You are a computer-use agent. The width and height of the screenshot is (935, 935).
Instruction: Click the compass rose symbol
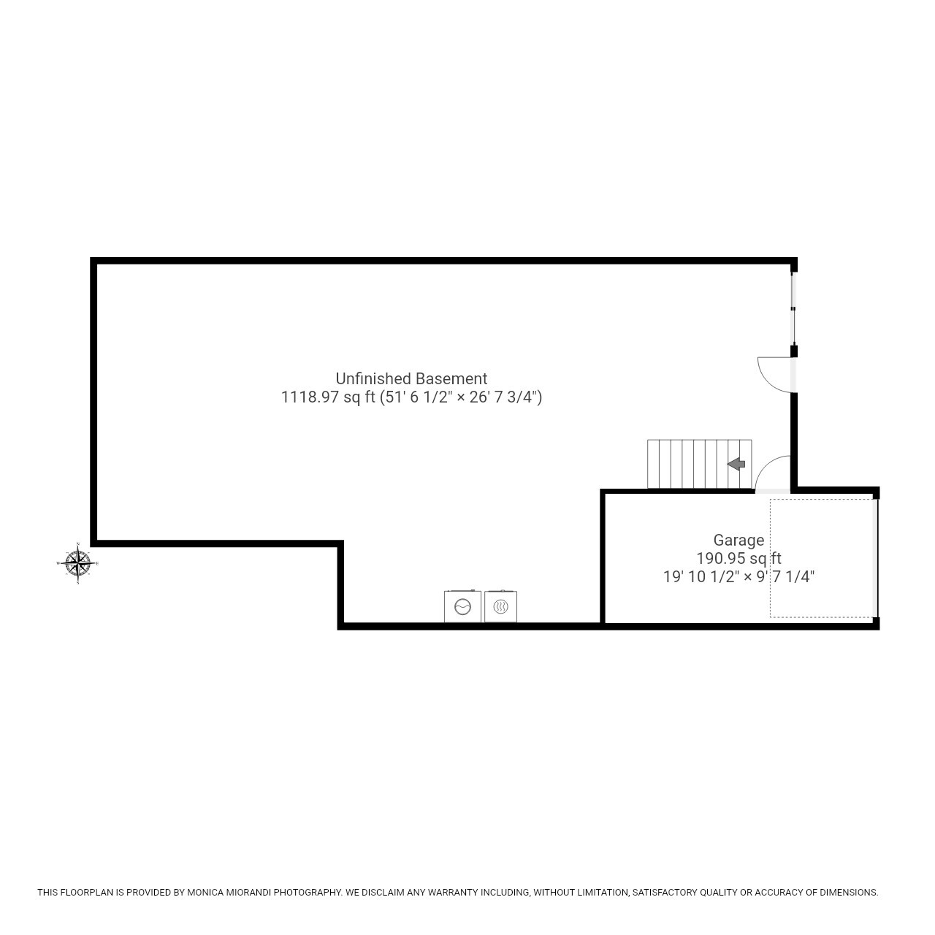[x=77, y=563]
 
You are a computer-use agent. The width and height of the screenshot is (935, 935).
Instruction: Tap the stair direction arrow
[x=736, y=464]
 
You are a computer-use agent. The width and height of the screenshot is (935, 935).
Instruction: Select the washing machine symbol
[x=462, y=606]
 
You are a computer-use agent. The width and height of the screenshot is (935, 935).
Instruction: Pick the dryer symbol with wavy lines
[x=501, y=606]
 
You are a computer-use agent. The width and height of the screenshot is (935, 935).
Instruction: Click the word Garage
[x=739, y=540]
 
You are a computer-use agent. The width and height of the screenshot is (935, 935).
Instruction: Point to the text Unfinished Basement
[x=411, y=378]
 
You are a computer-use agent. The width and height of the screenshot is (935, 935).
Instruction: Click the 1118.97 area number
[x=310, y=397]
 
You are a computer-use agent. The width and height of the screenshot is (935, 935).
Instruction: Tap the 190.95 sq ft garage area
[x=739, y=559]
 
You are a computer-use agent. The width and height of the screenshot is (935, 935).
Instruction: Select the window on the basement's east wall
[x=794, y=308]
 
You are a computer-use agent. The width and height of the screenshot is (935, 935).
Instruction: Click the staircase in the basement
[x=699, y=464]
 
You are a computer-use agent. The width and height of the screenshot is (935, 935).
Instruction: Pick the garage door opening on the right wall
[x=876, y=558]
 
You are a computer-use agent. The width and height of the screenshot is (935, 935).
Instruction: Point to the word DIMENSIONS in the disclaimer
[x=849, y=906]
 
